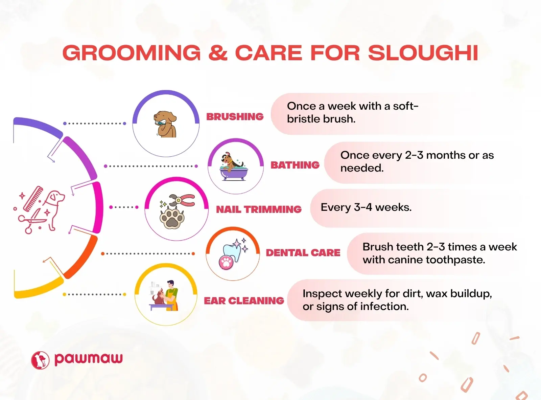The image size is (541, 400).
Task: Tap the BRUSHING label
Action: pos(235,116)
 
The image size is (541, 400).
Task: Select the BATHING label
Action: pos(295,165)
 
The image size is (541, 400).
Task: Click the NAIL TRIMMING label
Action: pos(259,209)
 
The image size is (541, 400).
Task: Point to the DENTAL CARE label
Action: pos(303,252)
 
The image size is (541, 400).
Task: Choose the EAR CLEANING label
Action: pos(244,301)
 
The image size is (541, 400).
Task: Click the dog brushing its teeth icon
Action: pos(165,124)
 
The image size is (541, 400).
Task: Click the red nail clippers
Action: pos(182,200)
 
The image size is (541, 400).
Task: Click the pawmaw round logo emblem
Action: pos(40,360)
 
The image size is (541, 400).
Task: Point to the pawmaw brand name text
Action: pos(89,359)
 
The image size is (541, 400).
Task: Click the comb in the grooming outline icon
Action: pos(33,199)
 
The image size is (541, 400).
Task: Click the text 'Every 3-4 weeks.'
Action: pos(366,207)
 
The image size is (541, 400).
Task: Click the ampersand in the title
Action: pos(218,53)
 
